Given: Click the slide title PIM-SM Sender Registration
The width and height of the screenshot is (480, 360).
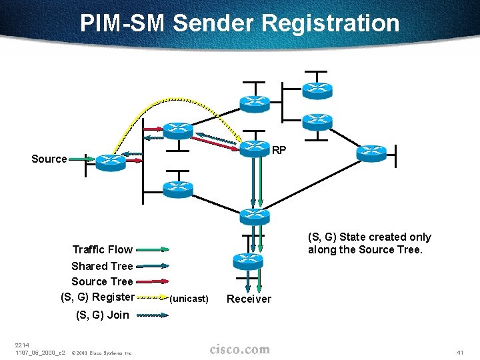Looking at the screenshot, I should tap(239, 23).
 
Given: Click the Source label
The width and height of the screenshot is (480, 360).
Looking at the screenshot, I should tap(49, 159).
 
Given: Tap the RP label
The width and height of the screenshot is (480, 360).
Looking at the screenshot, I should tap(279, 151).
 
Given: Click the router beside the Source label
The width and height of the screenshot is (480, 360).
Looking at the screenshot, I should tap(110, 161).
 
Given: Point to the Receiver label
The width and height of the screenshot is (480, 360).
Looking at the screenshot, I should tap(249, 299).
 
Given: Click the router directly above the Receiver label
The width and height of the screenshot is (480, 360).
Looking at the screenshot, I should tap(248, 260).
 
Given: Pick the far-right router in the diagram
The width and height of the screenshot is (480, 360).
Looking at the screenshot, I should tap(371, 153).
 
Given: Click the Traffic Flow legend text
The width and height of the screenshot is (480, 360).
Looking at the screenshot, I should tap(102, 249).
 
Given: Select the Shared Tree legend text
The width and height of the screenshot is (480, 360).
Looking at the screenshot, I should tap(102, 266).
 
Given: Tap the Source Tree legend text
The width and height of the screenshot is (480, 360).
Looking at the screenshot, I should tap(102, 281).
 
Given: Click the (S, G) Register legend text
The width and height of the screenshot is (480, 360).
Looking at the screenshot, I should tap(97, 297).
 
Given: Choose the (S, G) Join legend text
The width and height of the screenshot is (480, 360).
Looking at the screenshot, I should tap(103, 315).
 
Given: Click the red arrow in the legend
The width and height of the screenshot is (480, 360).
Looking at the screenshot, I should tap(153, 281).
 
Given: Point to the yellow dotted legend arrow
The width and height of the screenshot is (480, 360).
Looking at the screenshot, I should tap(153, 297).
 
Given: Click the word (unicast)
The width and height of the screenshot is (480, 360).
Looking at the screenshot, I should tap(189, 299).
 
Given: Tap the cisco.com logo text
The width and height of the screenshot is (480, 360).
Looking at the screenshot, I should tap(240, 349).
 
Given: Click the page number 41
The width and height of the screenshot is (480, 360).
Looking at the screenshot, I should tap(458, 351).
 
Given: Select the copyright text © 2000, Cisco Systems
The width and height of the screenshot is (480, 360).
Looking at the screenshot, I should tap(101, 353).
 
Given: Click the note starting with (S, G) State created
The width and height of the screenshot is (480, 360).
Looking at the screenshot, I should tap(369, 243).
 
